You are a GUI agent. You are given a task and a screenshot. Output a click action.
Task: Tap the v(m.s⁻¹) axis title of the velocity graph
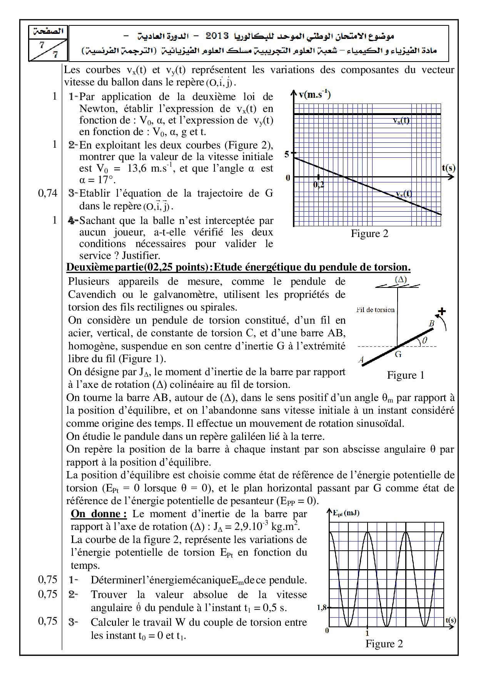tap(314, 94)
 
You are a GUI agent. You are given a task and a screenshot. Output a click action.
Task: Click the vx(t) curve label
tap(401, 120)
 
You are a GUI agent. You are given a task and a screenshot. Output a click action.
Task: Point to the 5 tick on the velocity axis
tap(287, 154)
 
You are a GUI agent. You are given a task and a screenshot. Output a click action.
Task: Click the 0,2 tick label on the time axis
tap(319, 184)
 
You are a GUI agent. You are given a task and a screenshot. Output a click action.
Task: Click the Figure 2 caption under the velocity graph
tap(369, 234)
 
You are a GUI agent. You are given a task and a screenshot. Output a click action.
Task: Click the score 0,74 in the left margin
tap(47, 193)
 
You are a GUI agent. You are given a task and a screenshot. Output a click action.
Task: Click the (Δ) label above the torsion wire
tap(401, 280)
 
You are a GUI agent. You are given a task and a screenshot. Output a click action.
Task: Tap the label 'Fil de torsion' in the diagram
tap(375, 309)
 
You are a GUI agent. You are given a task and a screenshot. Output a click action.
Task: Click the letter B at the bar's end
tap(432, 324)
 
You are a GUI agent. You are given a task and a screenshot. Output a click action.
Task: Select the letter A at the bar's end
tap(361, 360)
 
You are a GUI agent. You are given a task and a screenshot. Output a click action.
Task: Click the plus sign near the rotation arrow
tap(442, 311)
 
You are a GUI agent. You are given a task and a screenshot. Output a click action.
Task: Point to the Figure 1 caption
tap(405, 375)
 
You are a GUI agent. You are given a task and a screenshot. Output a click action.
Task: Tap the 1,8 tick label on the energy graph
tap(322, 608)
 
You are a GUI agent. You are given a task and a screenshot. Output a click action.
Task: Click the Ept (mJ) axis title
tap(346, 513)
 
